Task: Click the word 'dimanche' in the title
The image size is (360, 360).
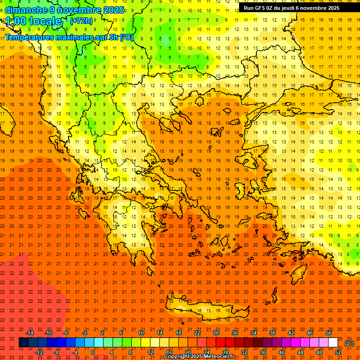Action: pos(26,10)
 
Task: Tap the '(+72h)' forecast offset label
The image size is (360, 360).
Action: pos(81,21)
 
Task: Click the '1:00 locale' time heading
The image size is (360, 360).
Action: pos(33,21)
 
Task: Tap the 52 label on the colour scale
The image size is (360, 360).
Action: pos(338,352)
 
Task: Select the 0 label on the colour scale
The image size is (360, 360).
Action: pos(93,352)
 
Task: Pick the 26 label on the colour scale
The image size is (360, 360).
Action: pos(216,333)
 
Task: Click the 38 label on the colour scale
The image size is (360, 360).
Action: pos(272,333)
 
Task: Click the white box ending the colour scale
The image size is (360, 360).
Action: pos(333,343)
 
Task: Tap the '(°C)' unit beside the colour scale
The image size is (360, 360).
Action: pos(349,343)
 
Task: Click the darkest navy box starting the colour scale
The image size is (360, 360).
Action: pos(23,343)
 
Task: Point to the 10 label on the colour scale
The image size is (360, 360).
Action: pos(141,333)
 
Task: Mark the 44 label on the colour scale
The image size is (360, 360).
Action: pos(300,352)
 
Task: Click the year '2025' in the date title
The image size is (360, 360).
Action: pos(113,10)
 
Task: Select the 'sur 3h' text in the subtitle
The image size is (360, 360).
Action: pos(108,37)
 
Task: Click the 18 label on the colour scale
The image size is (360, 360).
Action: pos(179,333)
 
